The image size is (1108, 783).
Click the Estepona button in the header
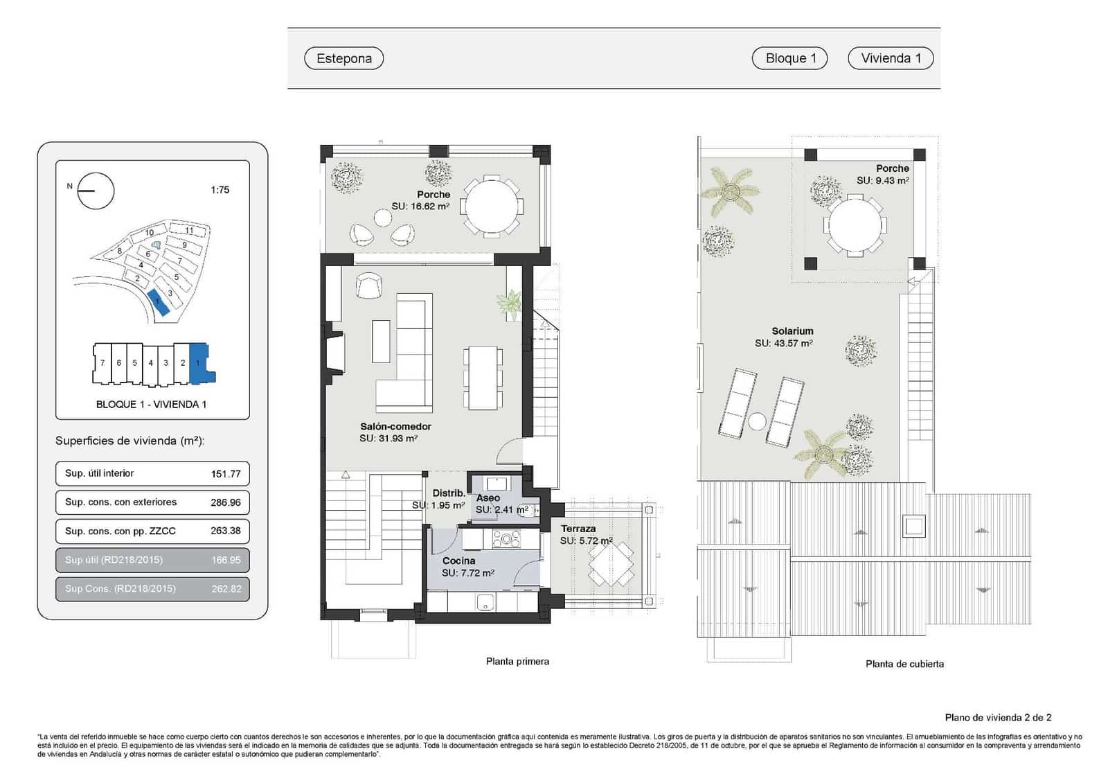tap(343, 58)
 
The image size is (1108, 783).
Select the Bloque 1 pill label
tap(790, 58)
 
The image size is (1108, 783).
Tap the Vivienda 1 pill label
tap(891, 58)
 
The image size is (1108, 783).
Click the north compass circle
tap(96, 191)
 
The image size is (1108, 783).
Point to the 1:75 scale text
tap(220, 190)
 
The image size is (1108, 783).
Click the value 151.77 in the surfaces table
tap(226, 474)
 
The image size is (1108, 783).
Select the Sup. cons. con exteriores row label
tap(120, 502)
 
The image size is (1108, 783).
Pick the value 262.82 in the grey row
tap(226, 589)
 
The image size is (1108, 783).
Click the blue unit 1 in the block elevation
tap(199, 362)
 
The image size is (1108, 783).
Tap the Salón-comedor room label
tap(395, 427)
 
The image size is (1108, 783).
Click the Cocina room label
tap(458, 561)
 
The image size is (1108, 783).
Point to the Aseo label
tap(488, 498)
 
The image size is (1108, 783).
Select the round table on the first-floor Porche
tap(492, 206)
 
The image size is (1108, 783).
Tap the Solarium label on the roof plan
tap(792, 331)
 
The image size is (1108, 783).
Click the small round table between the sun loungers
tap(757, 421)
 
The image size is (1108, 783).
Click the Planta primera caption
tap(517, 662)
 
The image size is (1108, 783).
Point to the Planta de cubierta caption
tap(904, 664)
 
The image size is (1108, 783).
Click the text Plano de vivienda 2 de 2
tap(998, 717)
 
